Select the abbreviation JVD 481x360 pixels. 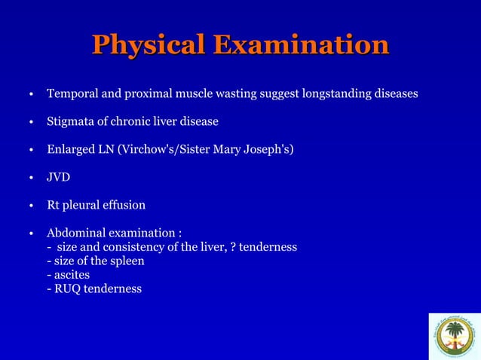coord(59,177)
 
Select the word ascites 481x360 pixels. coord(71,275)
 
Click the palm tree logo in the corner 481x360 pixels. coord(454,336)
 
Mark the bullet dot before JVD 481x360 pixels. coord(31,178)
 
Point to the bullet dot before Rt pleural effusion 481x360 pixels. coord(31,206)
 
